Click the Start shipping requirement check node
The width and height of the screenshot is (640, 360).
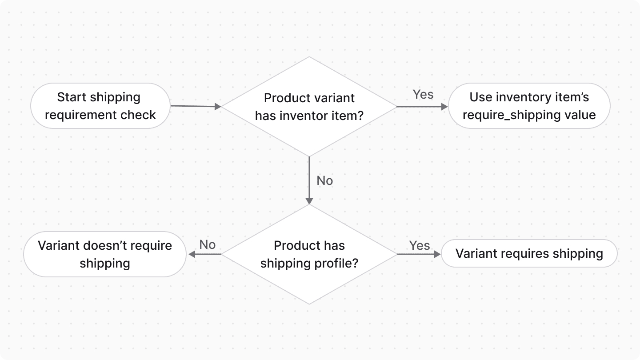click(x=100, y=106)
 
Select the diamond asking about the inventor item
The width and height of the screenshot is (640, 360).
click(x=309, y=107)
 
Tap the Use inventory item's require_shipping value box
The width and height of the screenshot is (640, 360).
click(x=529, y=106)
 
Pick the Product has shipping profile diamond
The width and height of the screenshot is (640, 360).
click(x=309, y=254)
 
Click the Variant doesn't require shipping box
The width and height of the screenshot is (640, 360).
click(x=105, y=254)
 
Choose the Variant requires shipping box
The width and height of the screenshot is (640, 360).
click(x=529, y=254)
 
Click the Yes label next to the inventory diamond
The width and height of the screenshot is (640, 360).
click(x=423, y=95)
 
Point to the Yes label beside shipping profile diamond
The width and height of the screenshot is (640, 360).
click(x=419, y=246)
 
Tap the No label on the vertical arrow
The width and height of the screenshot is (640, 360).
click(x=324, y=181)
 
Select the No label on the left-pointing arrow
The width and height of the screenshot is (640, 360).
click(x=207, y=245)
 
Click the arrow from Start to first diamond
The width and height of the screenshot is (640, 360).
click(x=196, y=106)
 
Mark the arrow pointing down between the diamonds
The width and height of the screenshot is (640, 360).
click(x=308, y=180)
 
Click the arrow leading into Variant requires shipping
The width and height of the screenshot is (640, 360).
click(x=418, y=254)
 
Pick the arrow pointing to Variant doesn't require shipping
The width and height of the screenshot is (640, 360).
click(x=205, y=254)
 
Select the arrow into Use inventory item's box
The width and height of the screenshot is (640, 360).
click(x=422, y=107)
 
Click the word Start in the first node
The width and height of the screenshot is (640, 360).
click(x=72, y=97)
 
